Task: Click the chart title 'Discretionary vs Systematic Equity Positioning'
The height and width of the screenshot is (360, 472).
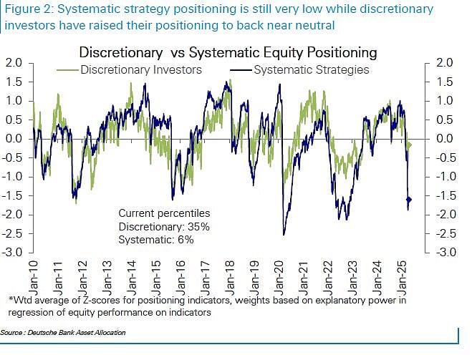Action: [x=228, y=52]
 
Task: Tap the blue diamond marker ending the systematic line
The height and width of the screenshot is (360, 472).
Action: [x=409, y=200]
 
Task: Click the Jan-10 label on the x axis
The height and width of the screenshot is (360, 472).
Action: [x=34, y=274]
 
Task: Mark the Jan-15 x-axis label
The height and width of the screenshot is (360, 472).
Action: [x=157, y=274]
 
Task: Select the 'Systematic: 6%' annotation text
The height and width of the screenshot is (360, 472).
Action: [x=156, y=240]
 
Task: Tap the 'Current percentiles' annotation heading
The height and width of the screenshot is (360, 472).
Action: [x=164, y=214]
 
